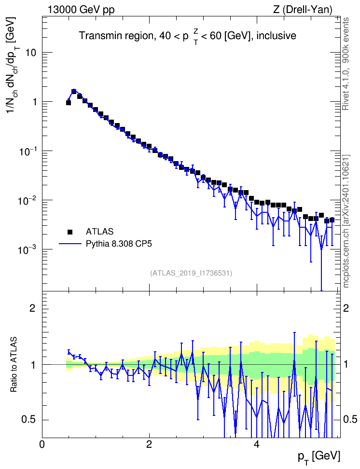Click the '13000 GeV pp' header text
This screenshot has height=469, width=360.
coord(81,10)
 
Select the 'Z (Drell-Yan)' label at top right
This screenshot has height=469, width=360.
coord(303,10)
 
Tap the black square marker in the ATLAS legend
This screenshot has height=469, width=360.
coord(70,232)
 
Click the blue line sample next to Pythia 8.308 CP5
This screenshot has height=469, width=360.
coord(70,244)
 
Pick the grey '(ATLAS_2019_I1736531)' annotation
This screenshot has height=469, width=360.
coord(191,273)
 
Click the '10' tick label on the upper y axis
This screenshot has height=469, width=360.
coord(29,53)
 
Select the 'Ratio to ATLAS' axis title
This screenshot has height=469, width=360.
coord(14,365)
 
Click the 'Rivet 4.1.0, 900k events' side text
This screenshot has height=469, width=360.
coord(346,64)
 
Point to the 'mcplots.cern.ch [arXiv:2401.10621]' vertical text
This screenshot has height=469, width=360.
coord(346,221)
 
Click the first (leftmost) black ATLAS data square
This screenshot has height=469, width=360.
coord(68,103)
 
